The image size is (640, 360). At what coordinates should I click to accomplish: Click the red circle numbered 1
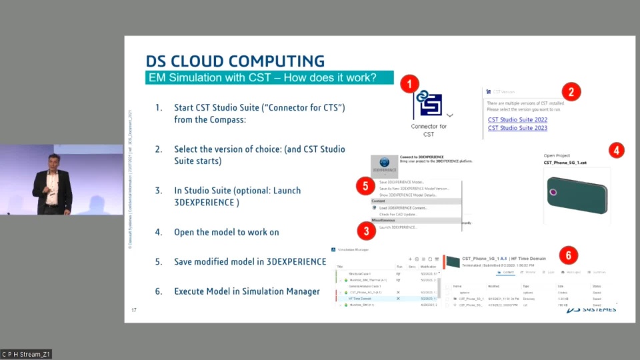(x=409, y=85)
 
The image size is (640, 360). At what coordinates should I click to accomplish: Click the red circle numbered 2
(x=571, y=91)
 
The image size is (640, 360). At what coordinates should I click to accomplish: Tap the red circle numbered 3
(x=365, y=231)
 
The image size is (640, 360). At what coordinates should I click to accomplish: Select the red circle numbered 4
(x=617, y=150)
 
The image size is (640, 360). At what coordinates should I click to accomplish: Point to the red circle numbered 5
(x=365, y=186)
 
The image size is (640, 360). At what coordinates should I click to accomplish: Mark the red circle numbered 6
(x=568, y=255)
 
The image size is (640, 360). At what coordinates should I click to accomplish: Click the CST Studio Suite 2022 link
(x=517, y=120)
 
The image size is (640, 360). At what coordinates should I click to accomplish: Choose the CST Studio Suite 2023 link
(x=517, y=128)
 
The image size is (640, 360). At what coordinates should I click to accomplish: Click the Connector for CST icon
(x=428, y=104)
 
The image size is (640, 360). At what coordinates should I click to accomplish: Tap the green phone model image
(x=576, y=195)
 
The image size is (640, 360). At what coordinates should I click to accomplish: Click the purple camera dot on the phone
(x=553, y=193)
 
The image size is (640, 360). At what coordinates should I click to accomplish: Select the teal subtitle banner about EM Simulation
(x=269, y=77)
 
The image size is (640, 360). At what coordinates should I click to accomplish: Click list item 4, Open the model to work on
(x=226, y=232)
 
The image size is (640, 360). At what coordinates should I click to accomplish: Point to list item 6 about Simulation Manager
(x=247, y=291)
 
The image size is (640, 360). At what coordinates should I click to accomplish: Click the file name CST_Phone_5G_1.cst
(x=565, y=162)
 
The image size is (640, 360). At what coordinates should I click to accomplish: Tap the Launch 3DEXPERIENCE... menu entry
(x=398, y=227)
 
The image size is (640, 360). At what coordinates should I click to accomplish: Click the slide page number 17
(x=134, y=310)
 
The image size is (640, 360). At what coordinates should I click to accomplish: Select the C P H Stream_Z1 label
(x=26, y=354)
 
